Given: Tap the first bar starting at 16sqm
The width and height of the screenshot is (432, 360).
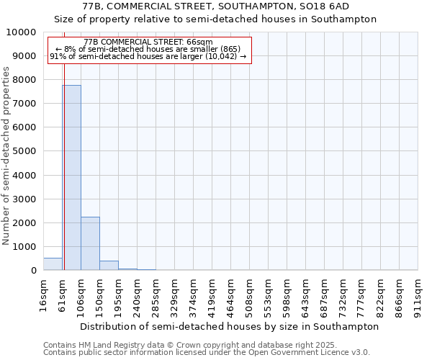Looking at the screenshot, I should [53, 264].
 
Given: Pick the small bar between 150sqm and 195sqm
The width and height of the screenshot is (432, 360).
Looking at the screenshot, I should [109, 265].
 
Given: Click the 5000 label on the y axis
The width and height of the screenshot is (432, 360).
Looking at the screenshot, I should [25, 151].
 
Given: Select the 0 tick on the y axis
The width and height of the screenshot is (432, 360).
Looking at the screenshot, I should [32, 270].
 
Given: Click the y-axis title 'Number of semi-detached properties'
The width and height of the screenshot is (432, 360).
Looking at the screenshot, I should [6, 156].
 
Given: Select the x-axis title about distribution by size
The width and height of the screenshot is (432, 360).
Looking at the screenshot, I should [229, 326].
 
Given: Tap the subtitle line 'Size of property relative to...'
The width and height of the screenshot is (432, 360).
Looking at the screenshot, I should [217, 19].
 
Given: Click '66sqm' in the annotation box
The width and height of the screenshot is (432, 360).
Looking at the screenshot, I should [199, 42].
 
